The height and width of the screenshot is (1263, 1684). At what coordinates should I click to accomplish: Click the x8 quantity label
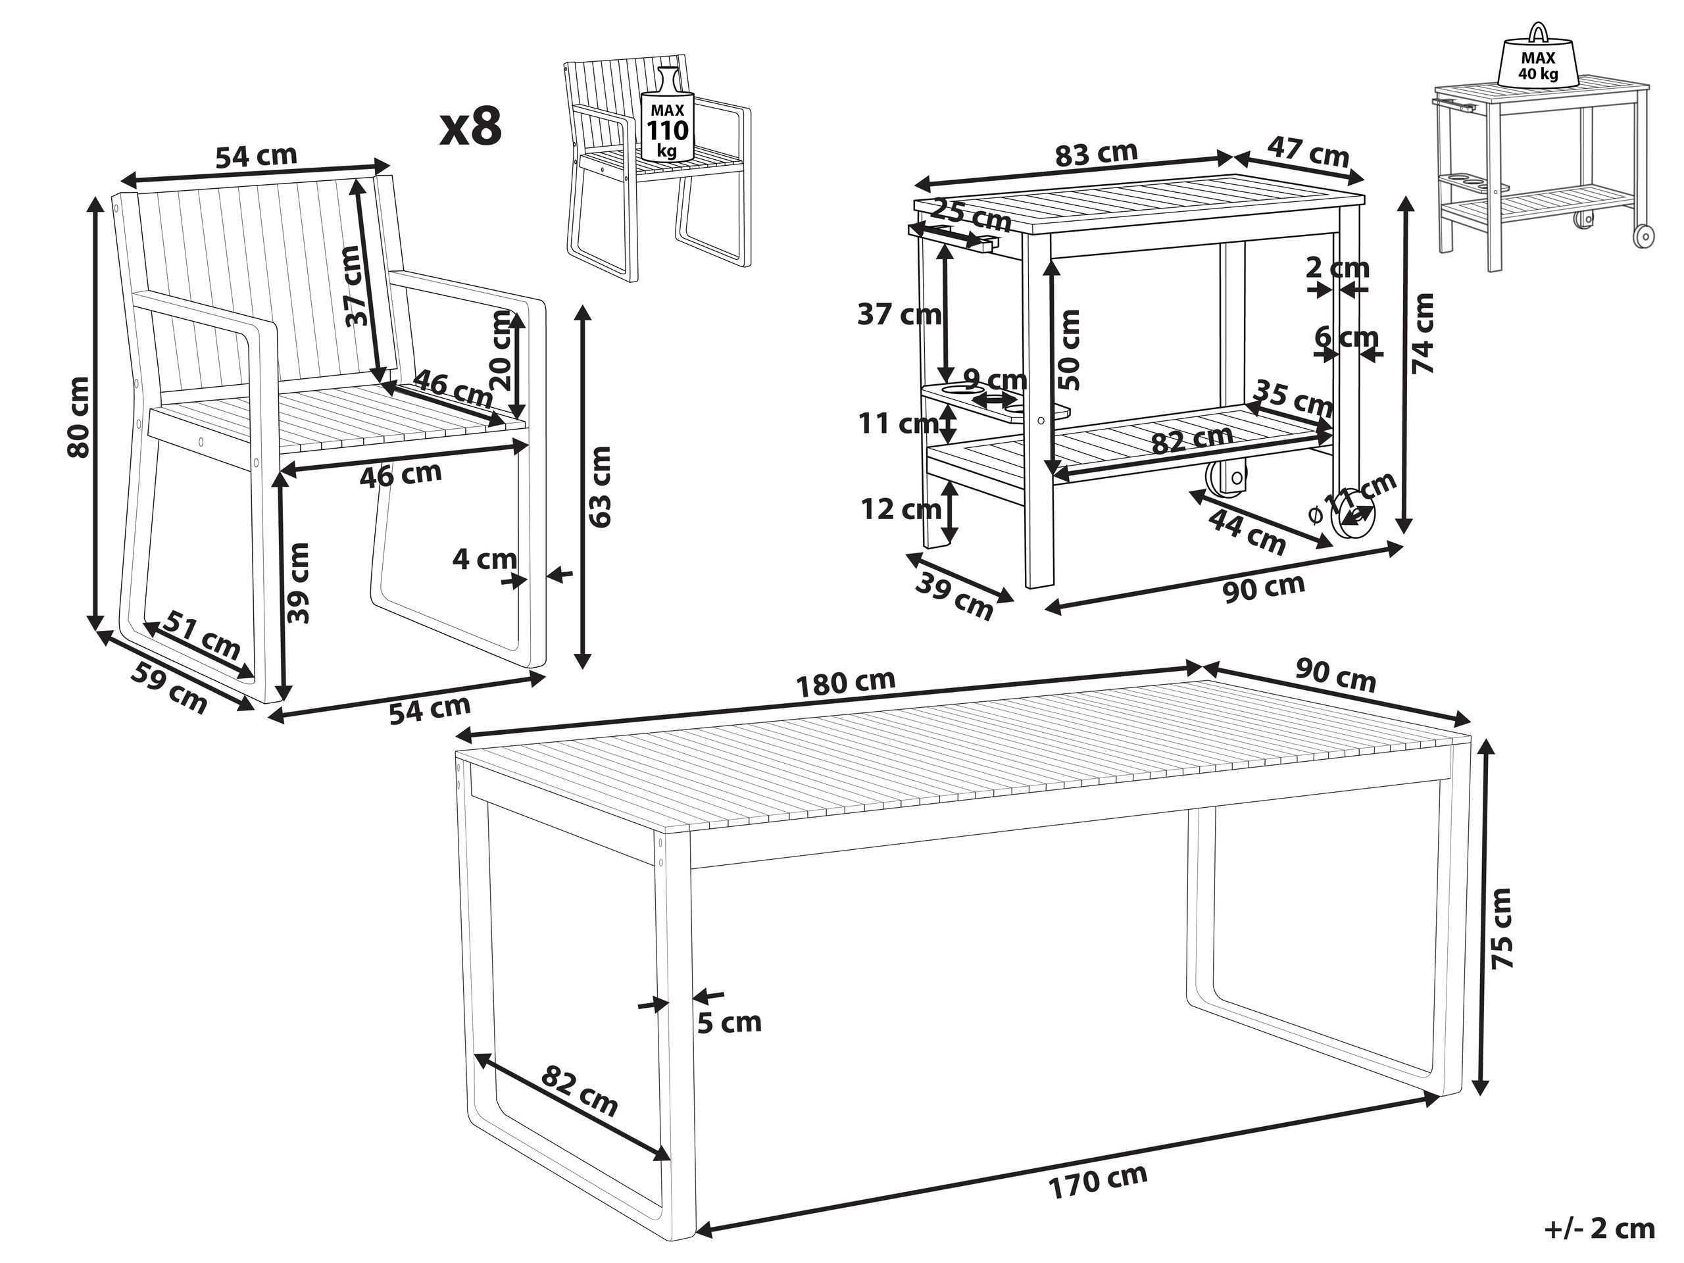pyautogui.click(x=471, y=126)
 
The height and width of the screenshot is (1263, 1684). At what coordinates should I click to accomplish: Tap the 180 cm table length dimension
pyautogui.click(x=845, y=683)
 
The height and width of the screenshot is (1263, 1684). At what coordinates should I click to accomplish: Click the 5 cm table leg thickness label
pyautogui.click(x=730, y=1022)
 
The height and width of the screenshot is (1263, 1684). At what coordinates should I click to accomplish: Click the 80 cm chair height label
pyautogui.click(x=78, y=416)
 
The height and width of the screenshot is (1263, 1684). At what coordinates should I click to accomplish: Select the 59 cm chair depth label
pyautogui.click(x=169, y=687)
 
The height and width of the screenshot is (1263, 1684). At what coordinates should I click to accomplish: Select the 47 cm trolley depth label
pyautogui.click(x=1308, y=150)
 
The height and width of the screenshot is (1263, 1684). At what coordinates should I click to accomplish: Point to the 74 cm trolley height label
pyautogui.click(x=1422, y=333)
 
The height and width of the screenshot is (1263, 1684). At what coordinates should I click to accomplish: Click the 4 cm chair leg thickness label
pyautogui.click(x=484, y=560)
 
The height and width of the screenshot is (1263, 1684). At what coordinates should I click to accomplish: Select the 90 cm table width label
pyautogui.click(x=1337, y=676)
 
